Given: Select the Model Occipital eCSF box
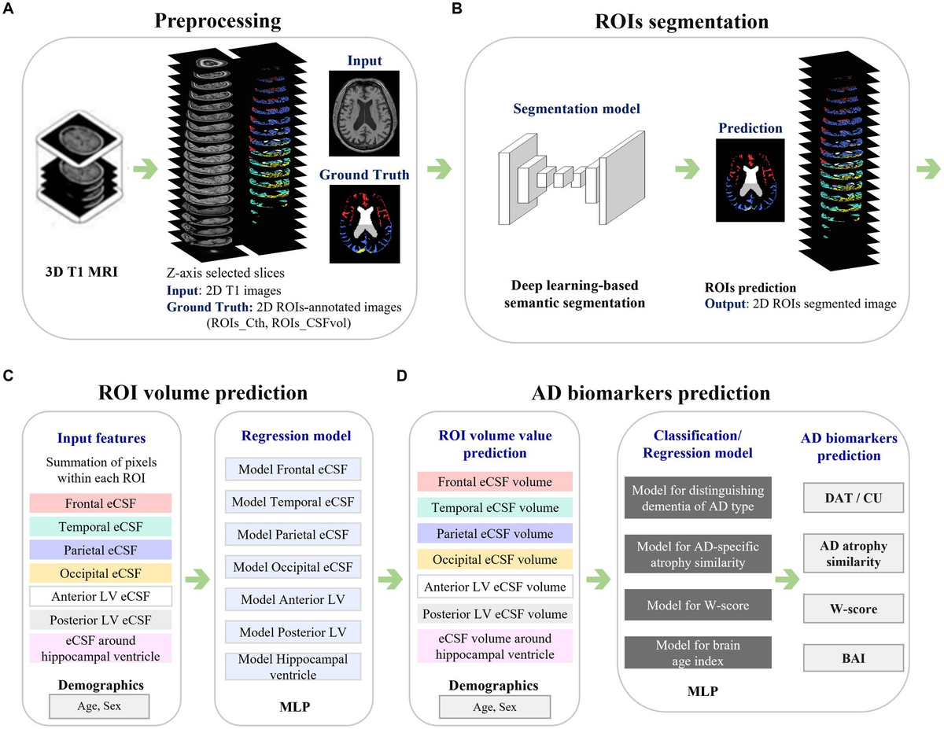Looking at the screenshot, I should pyautogui.click(x=293, y=565).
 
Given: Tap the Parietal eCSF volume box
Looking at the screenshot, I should pyautogui.click(x=494, y=534).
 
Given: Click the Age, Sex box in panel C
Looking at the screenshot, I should pyautogui.click(x=98, y=706).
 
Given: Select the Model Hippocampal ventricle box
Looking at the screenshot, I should pyautogui.click(x=293, y=666).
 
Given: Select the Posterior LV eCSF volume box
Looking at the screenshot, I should pyautogui.click(x=494, y=614).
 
